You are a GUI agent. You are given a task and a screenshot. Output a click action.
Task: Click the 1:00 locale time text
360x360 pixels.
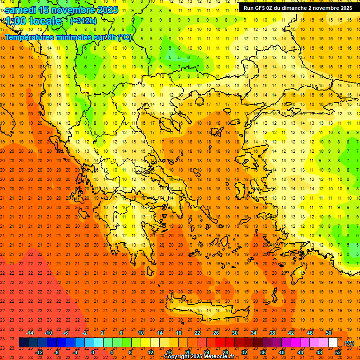pos(34,21)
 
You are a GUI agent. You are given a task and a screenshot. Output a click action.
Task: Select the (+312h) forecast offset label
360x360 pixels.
pos(83,21)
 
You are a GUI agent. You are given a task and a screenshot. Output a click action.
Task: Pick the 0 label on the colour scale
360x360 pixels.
pos(93,352)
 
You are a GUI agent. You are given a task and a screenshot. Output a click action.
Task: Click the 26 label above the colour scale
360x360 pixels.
pos(216,333)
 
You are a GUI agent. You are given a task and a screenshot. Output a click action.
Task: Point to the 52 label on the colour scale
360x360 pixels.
pos(338,352)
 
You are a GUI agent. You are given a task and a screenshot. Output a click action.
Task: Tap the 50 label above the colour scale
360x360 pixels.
pos(329,333)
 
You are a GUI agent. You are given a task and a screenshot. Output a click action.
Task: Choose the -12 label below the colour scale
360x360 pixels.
pos(39,352)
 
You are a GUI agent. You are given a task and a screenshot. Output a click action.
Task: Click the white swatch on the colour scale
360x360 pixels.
pos(333,343)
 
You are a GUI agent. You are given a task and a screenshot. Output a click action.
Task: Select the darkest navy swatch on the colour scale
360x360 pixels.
pos(23,343)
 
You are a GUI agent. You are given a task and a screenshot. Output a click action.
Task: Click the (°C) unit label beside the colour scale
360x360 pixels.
pos(349,343)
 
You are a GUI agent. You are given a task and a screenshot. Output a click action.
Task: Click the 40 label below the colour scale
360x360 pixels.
pos(282,352)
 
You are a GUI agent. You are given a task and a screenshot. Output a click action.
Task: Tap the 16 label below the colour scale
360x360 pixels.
pos(169,352)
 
